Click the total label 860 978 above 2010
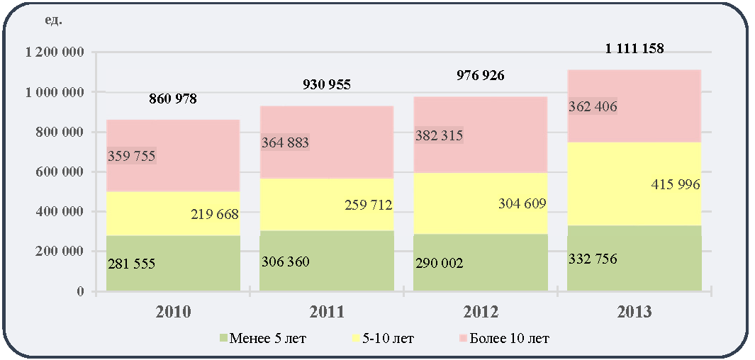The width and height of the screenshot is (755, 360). (x=173, y=99)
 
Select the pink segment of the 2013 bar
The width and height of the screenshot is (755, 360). (x=634, y=106)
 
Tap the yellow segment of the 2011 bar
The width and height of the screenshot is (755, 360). (x=327, y=205)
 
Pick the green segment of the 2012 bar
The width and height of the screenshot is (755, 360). (x=481, y=262)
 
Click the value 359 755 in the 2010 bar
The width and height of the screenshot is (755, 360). (x=131, y=157)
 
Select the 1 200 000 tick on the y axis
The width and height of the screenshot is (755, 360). (x=52, y=52)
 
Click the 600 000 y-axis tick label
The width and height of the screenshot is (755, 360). (x=60, y=171)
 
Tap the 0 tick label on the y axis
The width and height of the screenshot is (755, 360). (x=80, y=291)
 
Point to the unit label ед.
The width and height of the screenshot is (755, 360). (x=53, y=21)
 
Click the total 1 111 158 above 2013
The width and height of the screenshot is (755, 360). (x=634, y=48)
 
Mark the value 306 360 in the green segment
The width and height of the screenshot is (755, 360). (x=286, y=261)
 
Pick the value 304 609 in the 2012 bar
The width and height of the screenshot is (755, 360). (x=522, y=203)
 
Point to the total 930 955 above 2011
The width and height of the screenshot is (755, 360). (x=327, y=85)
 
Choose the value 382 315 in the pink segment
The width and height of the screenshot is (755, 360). (x=439, y=135)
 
